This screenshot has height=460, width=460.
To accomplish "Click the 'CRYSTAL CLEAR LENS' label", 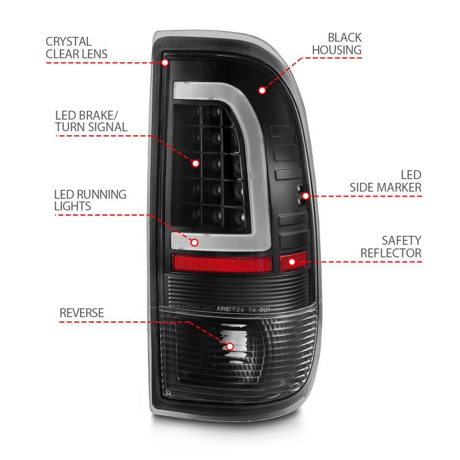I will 76,48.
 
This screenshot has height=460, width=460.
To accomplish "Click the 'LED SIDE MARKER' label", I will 386,181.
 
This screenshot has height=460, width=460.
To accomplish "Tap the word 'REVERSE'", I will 82,313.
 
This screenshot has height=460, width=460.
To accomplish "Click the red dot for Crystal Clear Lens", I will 166,62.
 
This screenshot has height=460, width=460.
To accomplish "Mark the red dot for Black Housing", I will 262,90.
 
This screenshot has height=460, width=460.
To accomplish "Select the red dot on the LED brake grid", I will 195,163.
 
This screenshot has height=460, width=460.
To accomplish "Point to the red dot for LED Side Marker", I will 306,196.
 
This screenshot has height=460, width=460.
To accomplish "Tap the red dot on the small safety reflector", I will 293,262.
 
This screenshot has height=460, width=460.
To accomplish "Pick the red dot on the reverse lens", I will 230,346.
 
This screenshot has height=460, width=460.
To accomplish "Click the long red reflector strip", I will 221,264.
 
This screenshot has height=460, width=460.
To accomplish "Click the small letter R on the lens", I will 168,393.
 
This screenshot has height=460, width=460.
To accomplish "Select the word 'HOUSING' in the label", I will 336,50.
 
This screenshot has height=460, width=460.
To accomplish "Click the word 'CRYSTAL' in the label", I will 69,41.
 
